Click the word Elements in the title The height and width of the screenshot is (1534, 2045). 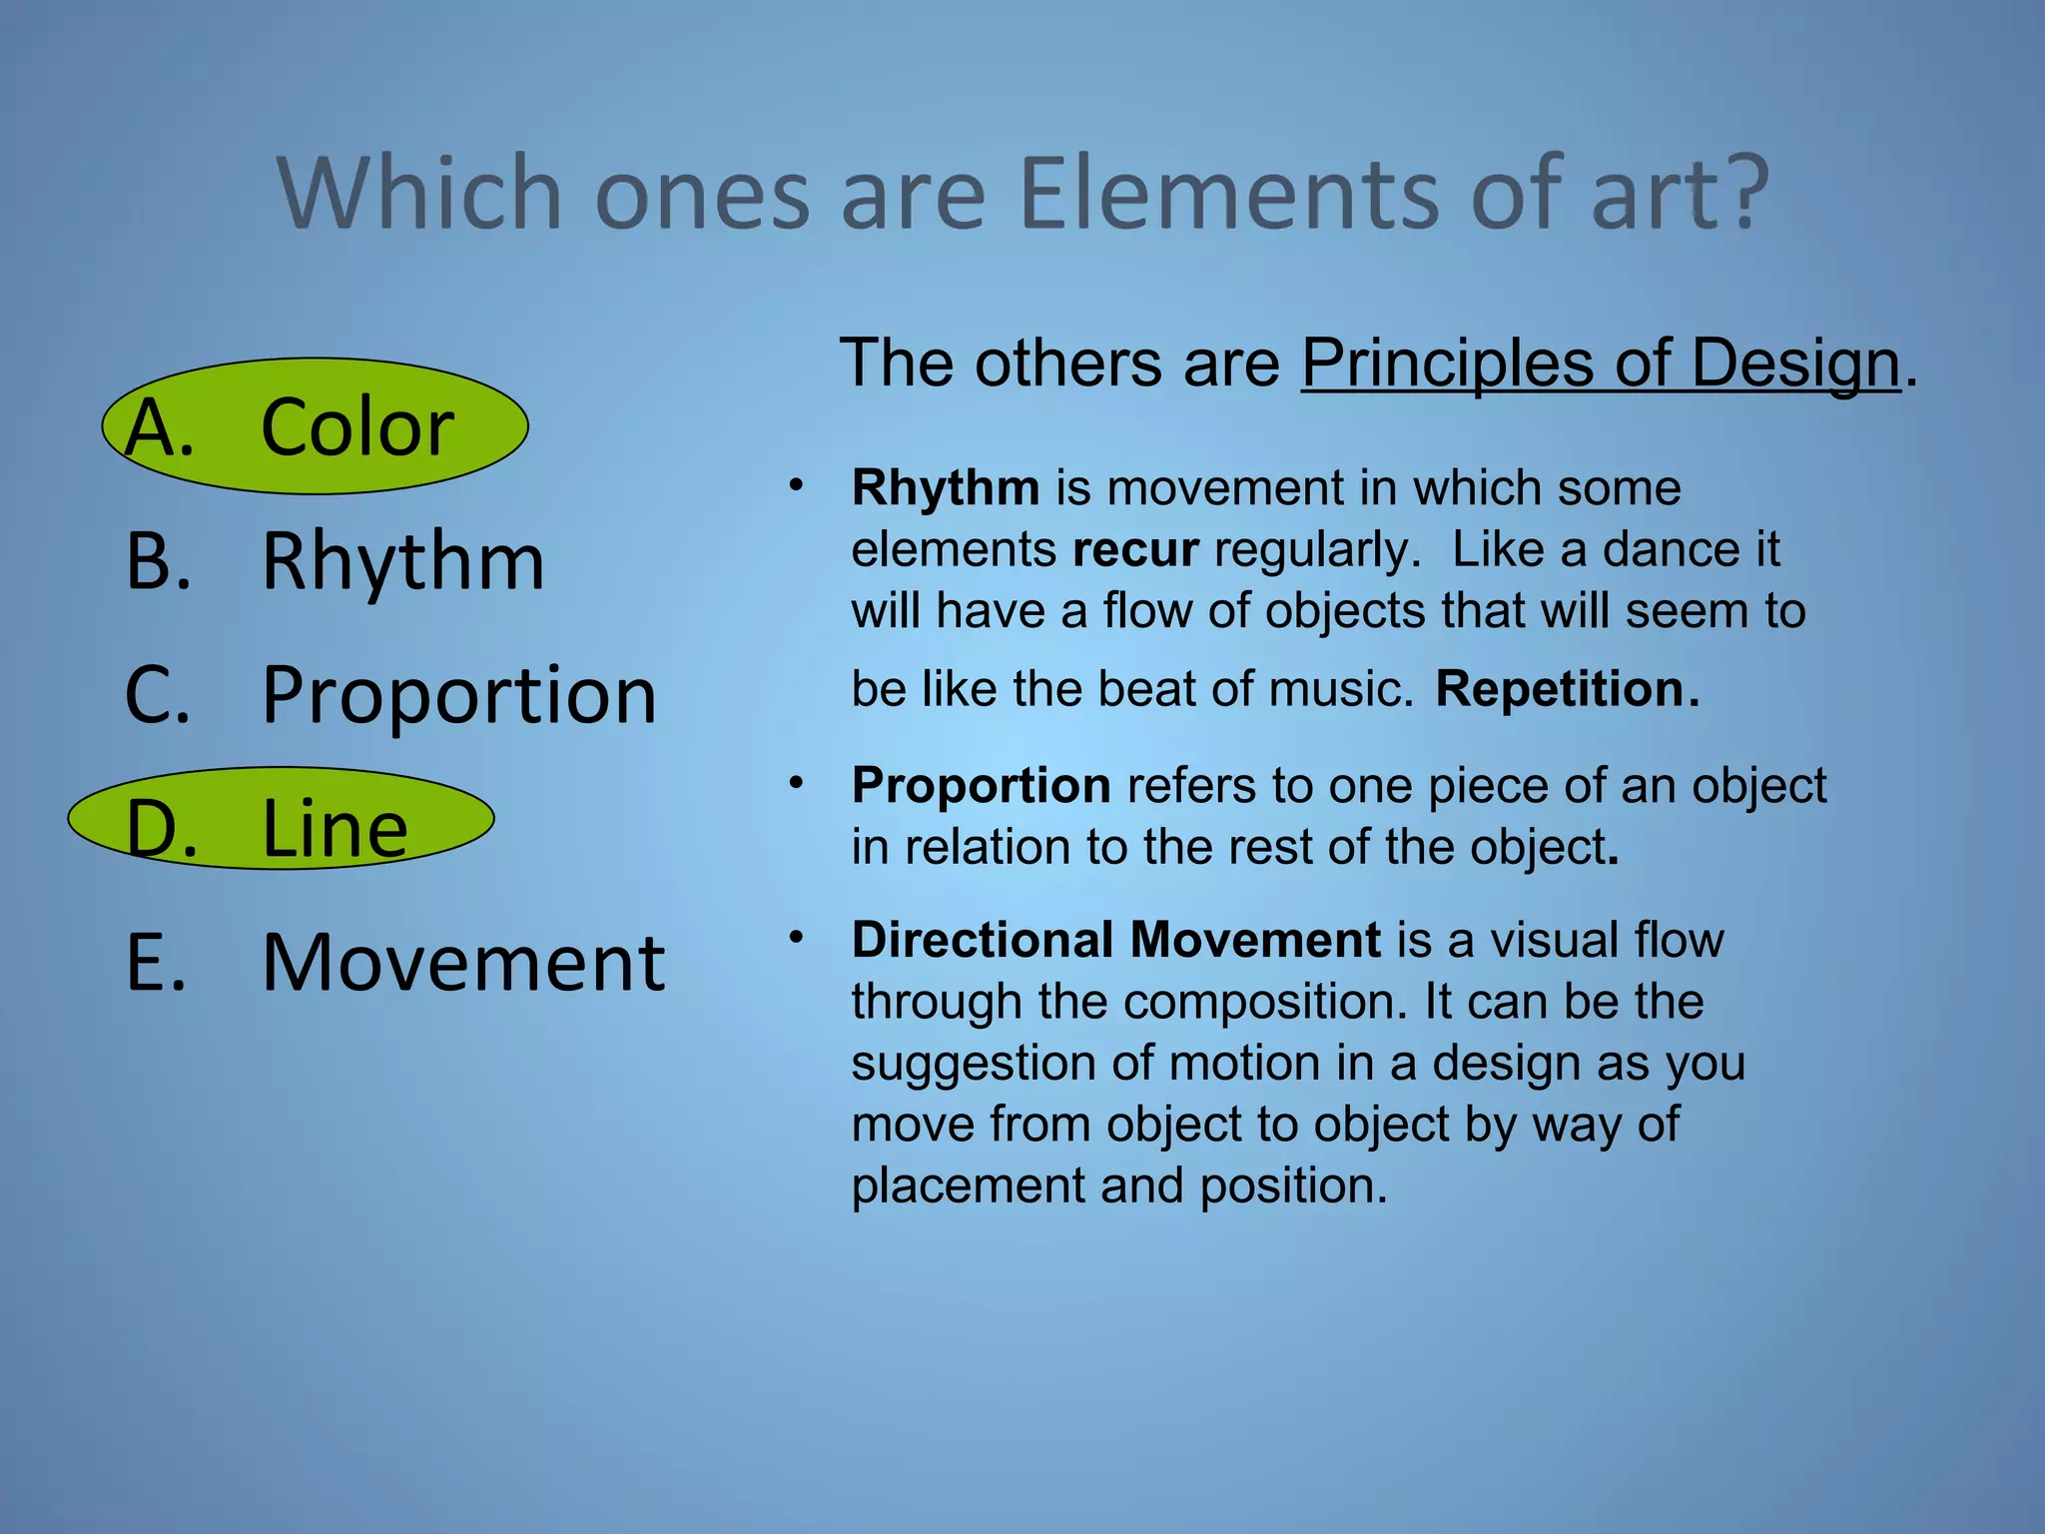coord(1228,195)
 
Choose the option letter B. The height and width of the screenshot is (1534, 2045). coord(157,561)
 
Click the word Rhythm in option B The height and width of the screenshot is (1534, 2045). coord(402,561)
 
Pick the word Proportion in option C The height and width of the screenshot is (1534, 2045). coord(459,695)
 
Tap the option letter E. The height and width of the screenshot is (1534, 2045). coord(156,963)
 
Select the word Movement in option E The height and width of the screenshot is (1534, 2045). coord(463,963)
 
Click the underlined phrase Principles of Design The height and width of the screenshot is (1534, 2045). coord(1600,364)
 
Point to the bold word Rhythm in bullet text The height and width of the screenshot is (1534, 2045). coord(945,488)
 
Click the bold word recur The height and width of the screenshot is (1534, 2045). coord(1134,550)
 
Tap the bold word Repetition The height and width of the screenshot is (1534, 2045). coord(1566,689)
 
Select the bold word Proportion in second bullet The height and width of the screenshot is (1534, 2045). coord(981,785)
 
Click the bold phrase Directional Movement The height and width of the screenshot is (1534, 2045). coord(1115,940)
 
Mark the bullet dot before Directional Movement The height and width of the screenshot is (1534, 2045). coord(796,938)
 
